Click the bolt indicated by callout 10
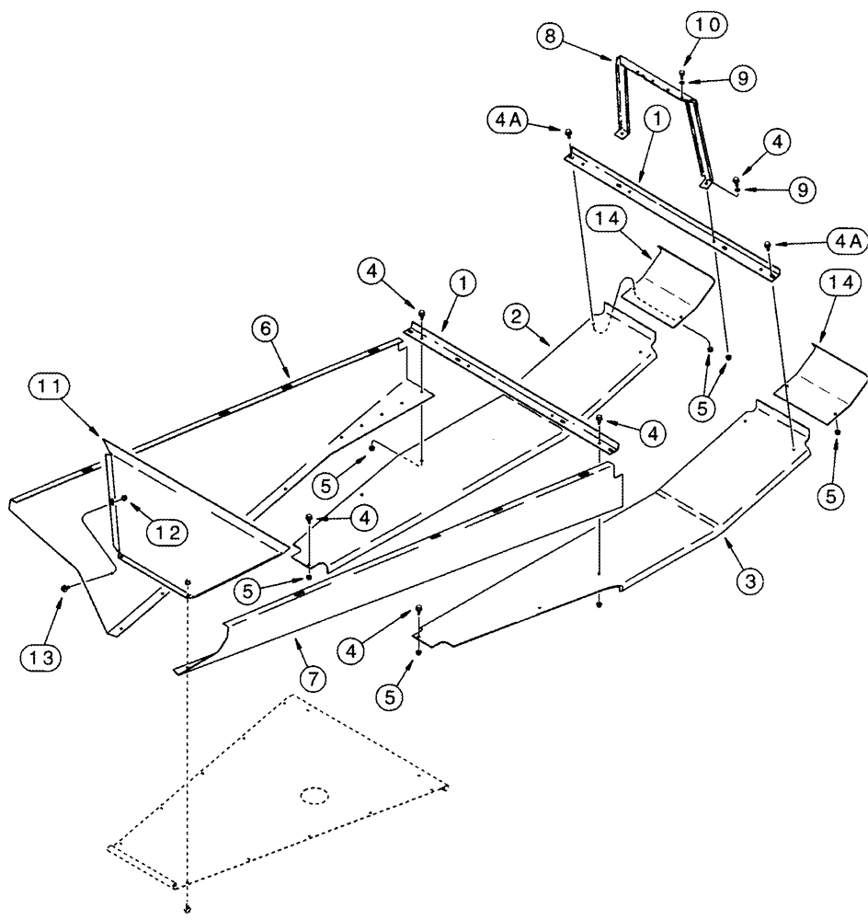point(680,73)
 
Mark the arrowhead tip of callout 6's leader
point(288,375)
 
